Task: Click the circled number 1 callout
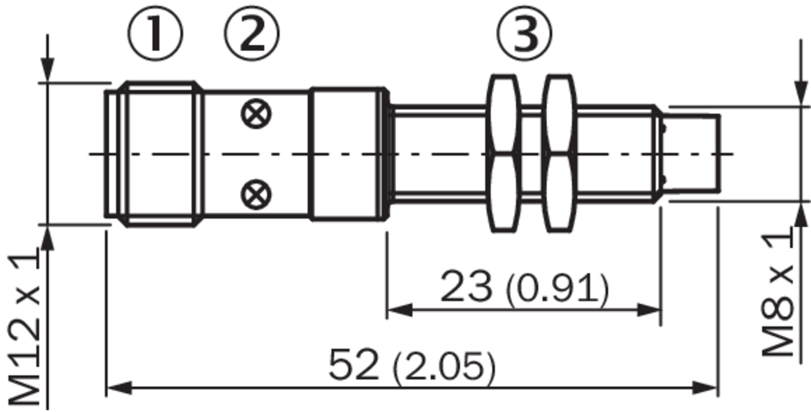155,33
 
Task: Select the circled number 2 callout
251,33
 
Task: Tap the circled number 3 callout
525,33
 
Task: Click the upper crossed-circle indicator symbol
256,114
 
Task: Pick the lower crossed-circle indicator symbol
256,194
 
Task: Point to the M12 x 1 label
24,327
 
